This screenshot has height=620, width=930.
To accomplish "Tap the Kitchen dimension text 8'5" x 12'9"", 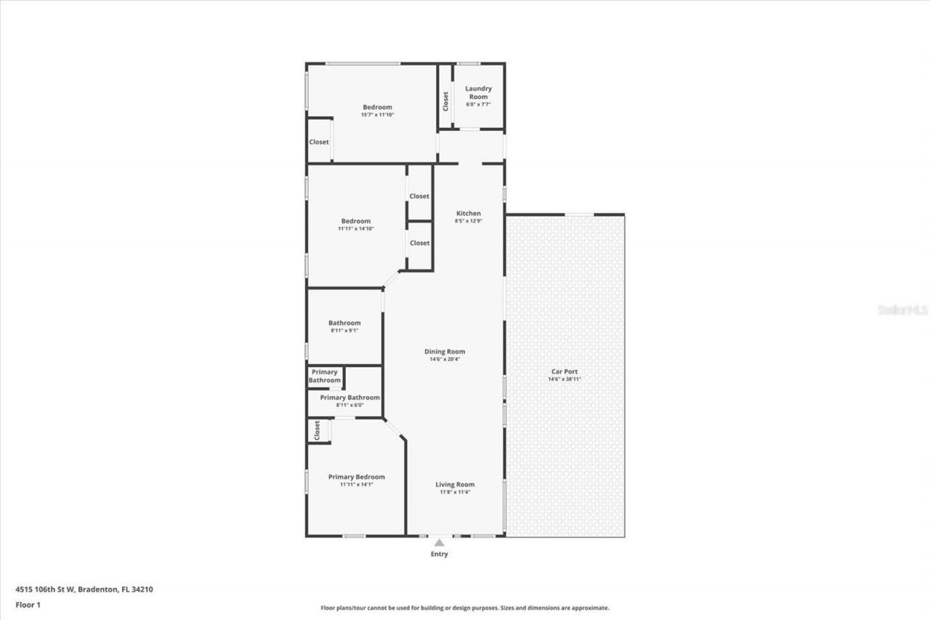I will tap(468, 221).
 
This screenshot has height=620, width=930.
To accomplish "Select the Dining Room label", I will tap(445, 352).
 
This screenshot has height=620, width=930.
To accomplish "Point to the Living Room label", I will tap(455, 485).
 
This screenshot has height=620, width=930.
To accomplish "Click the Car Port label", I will tap(565, 371).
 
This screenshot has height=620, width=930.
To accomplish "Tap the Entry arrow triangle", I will tap(439, 542).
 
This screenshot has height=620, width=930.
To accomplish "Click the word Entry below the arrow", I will tap(439, 555).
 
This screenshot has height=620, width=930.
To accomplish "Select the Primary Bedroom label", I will tap(356, 477).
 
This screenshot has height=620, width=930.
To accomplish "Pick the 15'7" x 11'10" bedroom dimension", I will tap(377, 115).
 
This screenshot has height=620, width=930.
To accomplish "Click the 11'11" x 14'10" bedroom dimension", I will tap(356, 229).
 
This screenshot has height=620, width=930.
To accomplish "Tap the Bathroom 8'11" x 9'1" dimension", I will tap(344, 331).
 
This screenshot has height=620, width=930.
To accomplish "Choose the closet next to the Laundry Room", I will tap(445, 100).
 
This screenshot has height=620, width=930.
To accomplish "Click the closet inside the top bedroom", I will tap(319, 142).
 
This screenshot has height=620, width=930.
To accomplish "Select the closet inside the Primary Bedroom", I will tap(318, 431).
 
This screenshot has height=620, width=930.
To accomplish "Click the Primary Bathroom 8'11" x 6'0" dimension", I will tap(349, 405).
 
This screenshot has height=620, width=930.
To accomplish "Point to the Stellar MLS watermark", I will tap(902, 310).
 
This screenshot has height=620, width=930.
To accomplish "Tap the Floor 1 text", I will tap(28, 604).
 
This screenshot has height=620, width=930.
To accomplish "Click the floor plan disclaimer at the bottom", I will tap(465, 608).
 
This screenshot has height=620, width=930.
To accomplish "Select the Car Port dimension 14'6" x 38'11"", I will tap(565, 379).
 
